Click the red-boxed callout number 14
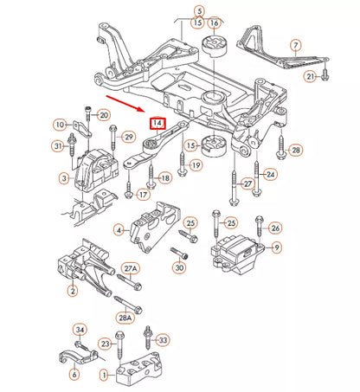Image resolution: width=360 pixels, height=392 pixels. pyautogui.click(x=157, y=123)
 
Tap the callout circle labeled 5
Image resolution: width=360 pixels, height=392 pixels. pyautogui.click(x=200, y=10)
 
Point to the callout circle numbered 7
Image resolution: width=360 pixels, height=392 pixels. pyautogui.click(x=296, y=44)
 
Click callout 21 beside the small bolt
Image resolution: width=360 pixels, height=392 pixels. pyautogui.click(x=309, y=77)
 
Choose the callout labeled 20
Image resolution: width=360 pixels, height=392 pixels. pyautogui.click(x=103, y=115)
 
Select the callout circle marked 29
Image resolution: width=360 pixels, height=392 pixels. pyautogui.click(x=128, y=137)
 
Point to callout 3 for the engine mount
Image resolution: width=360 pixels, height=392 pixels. pyautogui.click(x=64, y=178)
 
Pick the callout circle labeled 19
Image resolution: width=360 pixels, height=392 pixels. pyautogui.click(x=196, y=164)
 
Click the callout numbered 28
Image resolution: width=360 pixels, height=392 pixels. pyautogui.click(x=296, y=151)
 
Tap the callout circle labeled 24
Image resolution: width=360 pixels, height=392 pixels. pyautogui.click(x=271, y=175)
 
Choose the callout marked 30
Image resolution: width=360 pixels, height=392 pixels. pyautogui.click(x=179, y=267)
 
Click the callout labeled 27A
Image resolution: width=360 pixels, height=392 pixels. pyautogui.click(x=131, y=269)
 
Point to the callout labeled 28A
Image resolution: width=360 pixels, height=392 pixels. pyautogui.click(x=127, y=318)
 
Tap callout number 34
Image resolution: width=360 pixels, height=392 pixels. pyautogui.click(x=79, y=330)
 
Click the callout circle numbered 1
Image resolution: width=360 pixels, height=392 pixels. pyautogui.click(x=105, y=375)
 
